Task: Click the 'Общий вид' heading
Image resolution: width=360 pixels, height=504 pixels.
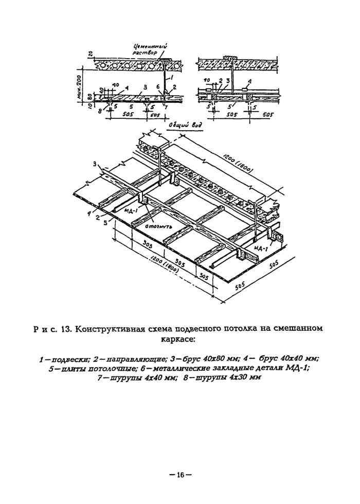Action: pos(183,124)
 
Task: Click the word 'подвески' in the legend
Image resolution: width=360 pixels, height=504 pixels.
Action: pos(64,358)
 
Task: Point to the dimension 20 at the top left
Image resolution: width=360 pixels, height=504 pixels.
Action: pos(90,53)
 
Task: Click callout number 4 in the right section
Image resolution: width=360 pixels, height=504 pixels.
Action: pos(249,81)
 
